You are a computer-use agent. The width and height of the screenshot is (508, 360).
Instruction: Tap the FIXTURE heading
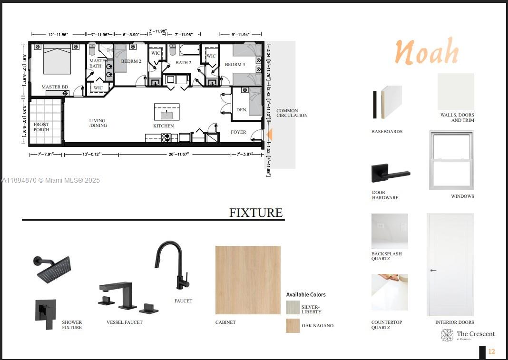coord(256,213)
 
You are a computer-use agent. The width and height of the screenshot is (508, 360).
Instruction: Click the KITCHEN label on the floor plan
coord(163,126)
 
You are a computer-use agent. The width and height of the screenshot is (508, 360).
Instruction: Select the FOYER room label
coord(238,132)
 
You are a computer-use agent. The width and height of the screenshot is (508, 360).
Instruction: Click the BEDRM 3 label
coord(235,65)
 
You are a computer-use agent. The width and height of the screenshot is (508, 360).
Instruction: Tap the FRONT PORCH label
coord(41,127)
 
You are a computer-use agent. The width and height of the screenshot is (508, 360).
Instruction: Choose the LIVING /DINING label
coord(98,123)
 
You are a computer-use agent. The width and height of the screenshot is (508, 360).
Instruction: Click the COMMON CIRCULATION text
coord(292,113)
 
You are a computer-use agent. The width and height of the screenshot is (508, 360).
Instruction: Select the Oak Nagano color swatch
coord(293,326)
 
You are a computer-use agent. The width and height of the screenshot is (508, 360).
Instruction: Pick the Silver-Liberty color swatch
coord(293,307)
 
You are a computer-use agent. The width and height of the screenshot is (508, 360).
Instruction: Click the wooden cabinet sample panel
coord(248,280)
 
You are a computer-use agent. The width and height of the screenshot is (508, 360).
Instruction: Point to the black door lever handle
coord(390,174)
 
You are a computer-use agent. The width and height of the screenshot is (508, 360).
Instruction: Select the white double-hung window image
coord(451,160)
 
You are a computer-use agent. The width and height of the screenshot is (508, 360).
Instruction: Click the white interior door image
coord(450,264)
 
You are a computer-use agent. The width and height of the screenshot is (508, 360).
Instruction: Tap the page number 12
coord(491,351)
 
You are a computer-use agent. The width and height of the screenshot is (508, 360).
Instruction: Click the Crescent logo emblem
coord(447,335)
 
